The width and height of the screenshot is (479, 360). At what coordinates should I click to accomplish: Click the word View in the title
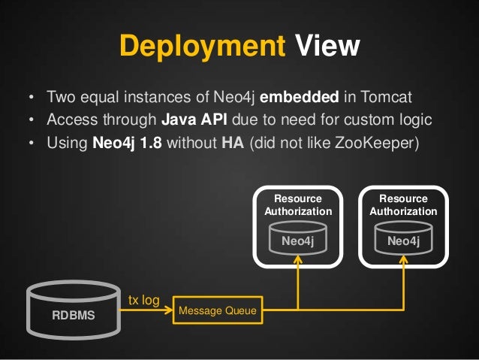pos(327,47)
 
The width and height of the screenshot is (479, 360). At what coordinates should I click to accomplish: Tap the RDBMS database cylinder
pos(73,308)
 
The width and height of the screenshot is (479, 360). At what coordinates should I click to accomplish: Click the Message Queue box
pos(218,310)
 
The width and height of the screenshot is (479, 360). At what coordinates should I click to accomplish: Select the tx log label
pos(143,301)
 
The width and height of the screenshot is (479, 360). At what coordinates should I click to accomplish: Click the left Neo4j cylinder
pos(298,239)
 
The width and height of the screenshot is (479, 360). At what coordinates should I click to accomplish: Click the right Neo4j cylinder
pos(403,239)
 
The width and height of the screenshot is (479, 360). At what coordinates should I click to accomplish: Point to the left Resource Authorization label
pos(298,205)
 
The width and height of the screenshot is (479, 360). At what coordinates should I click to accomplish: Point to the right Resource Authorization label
pos(403,205)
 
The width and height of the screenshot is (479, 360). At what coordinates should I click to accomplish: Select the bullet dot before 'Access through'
pos(31,121)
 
